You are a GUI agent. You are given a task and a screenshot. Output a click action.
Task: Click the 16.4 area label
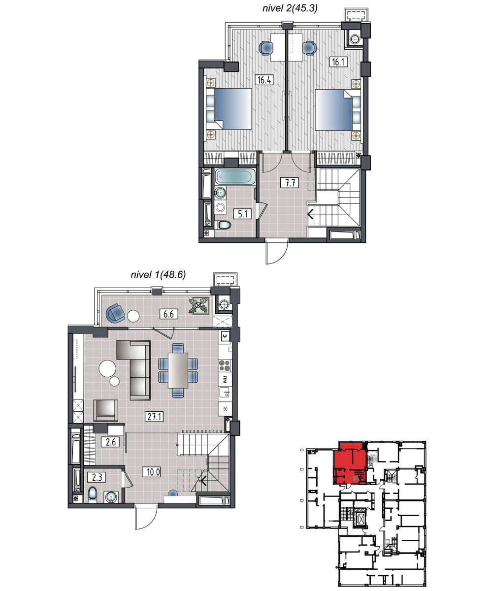[264, 80]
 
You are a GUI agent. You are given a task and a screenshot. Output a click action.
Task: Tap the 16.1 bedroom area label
[338, 62]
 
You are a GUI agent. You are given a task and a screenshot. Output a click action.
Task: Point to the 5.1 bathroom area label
[243, 214]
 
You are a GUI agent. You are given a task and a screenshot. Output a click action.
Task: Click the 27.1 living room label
[154, 417]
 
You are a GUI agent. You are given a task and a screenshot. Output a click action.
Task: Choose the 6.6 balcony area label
[168, 314]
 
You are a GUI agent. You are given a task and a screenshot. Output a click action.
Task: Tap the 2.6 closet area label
[110, 442]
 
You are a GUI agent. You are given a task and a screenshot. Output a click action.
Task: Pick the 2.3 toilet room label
[97, 478]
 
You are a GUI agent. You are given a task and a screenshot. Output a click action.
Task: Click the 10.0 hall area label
[153, 472]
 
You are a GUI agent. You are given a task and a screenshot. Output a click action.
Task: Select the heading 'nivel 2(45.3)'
[290, 8]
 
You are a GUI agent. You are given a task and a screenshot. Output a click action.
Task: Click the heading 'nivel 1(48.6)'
[158, 274]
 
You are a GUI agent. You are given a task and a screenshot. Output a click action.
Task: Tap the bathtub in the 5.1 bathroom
[235, 177]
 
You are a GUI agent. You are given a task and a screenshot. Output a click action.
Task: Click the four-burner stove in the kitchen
[225, 365]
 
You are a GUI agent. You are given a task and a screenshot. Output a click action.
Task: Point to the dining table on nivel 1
[178, 370]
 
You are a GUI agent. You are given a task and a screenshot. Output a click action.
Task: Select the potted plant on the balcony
[199, 305]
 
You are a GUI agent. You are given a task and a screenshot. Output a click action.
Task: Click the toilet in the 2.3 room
[92, 493]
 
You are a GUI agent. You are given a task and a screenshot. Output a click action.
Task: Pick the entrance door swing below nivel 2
[277, 252]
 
